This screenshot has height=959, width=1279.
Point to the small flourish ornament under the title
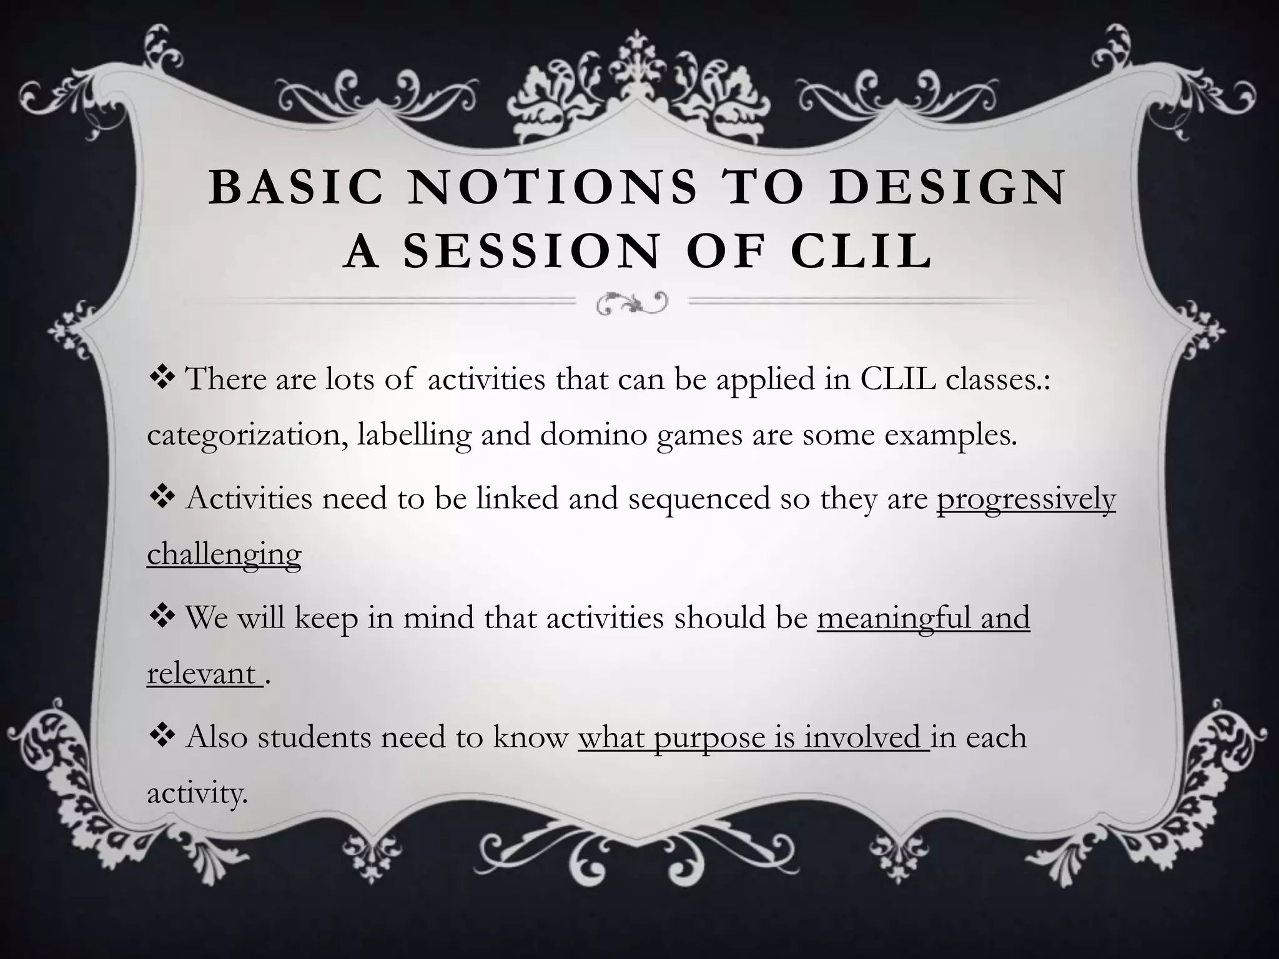point(631,302)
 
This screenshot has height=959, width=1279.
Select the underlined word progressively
point(1025,499)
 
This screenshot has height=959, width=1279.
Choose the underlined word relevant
point(201,674)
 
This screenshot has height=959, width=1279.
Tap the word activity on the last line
point(197,794)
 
